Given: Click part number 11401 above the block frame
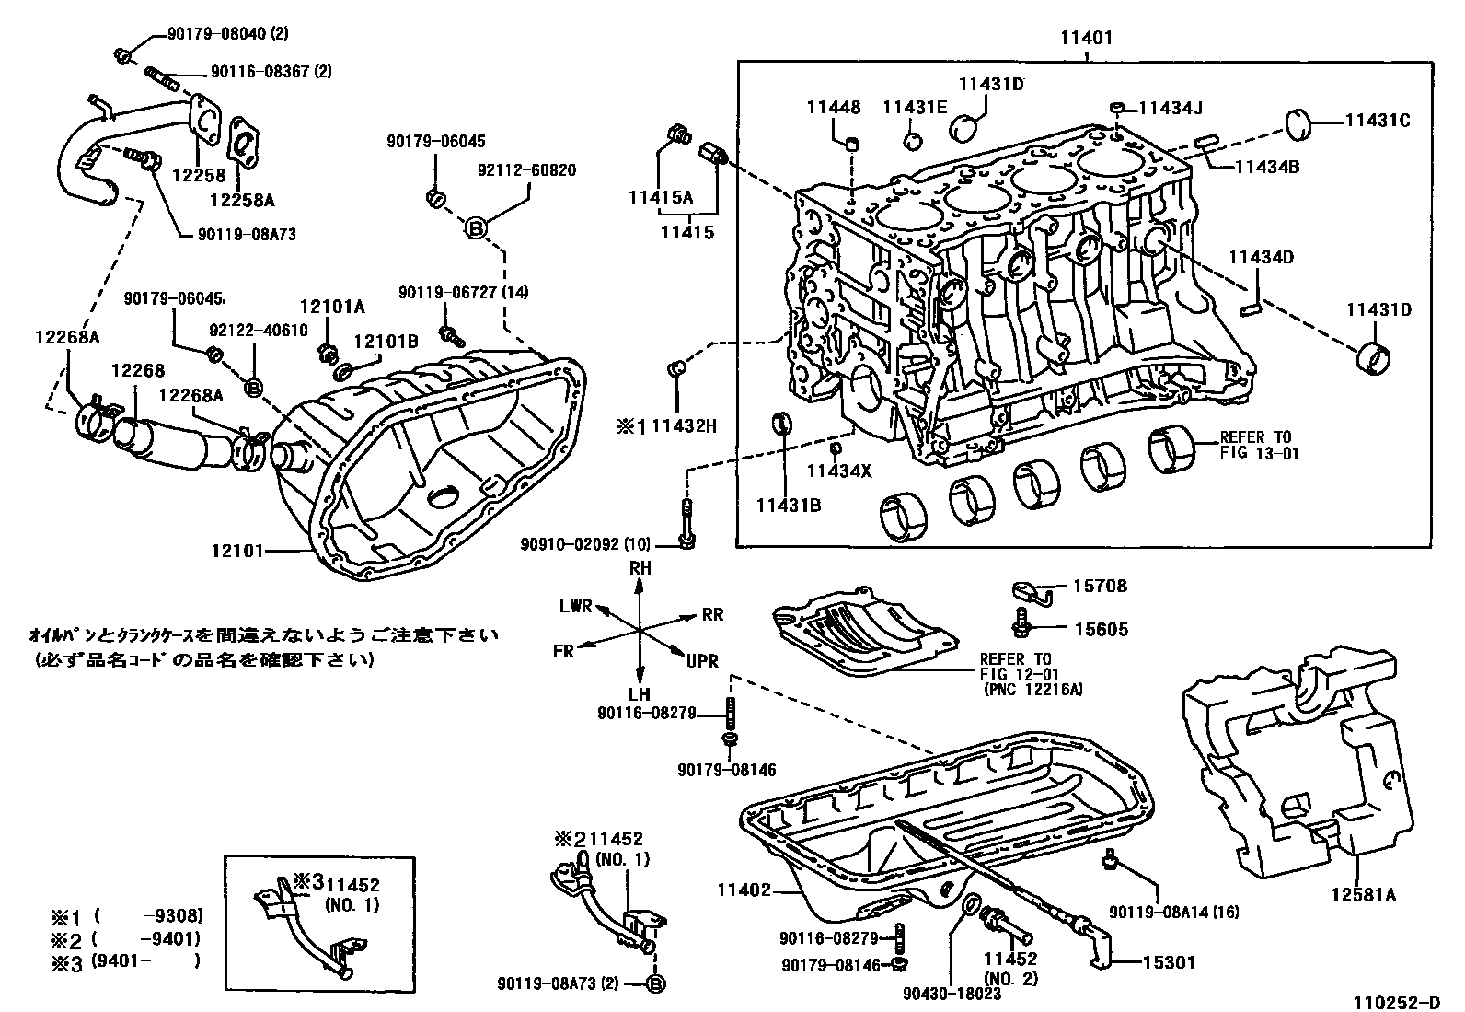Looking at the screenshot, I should click(1086, 39).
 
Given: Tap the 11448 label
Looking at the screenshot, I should click(834, 108).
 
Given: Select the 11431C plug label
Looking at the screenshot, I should click(1378, 121).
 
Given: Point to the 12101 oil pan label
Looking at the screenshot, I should click(237, 551).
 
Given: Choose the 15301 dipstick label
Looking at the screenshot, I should click(1169, 962).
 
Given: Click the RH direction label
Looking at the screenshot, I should click(640, 569).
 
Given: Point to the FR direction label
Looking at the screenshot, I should click(564, 651).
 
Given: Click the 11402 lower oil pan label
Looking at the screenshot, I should click(744, 890).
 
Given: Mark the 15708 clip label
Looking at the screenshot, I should click(1100, 586).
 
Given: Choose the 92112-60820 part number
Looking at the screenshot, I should click(527, 170).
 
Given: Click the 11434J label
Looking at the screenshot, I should click(1170, 108).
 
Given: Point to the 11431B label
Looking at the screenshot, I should click(789, 504).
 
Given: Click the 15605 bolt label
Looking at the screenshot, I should click(1101, 629).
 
